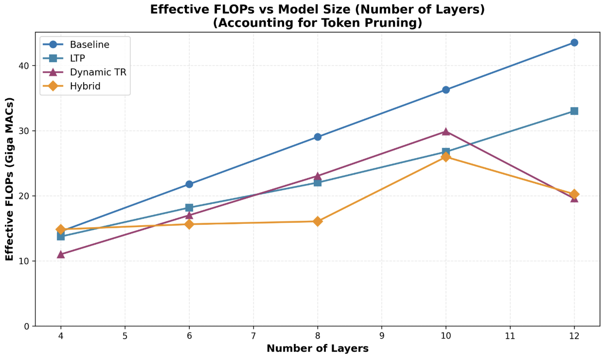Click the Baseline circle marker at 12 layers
pos(574,42)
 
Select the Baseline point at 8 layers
pos(318,137)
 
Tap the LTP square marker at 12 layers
pos(574,111)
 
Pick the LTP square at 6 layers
pos(189,208)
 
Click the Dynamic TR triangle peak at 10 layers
pos(446,131)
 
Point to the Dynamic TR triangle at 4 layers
pos(61,254)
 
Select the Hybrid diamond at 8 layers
pos(318,221)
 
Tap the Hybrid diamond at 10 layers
pos(446,157)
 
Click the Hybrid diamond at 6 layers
pos(189,224)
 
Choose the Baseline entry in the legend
pos(89,44)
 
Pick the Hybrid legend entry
pos(84,86)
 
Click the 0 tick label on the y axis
pos(26,326)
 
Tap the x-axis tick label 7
pos(253,336)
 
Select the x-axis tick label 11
pos(510,336)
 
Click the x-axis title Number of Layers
pos(317,348)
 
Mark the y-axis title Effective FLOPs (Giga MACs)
pos(10,179)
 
